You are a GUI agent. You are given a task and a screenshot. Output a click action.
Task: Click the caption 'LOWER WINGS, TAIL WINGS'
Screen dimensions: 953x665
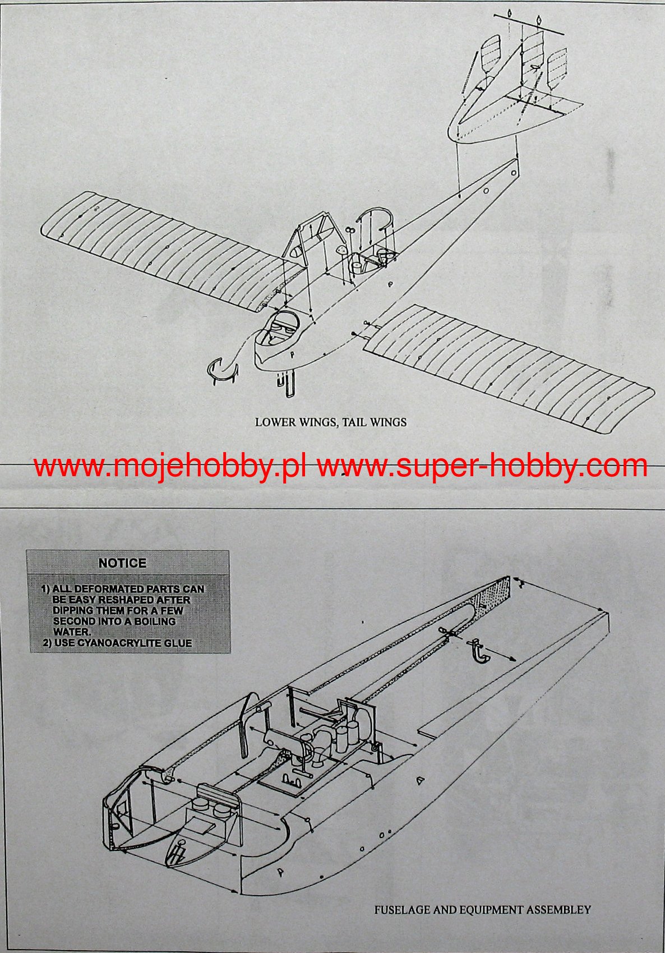[x=331, y=422]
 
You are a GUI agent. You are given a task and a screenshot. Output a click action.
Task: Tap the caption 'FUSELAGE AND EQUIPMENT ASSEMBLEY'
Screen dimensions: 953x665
[x=482, y=909]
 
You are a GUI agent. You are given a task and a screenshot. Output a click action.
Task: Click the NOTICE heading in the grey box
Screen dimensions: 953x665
[x=122, y=563]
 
